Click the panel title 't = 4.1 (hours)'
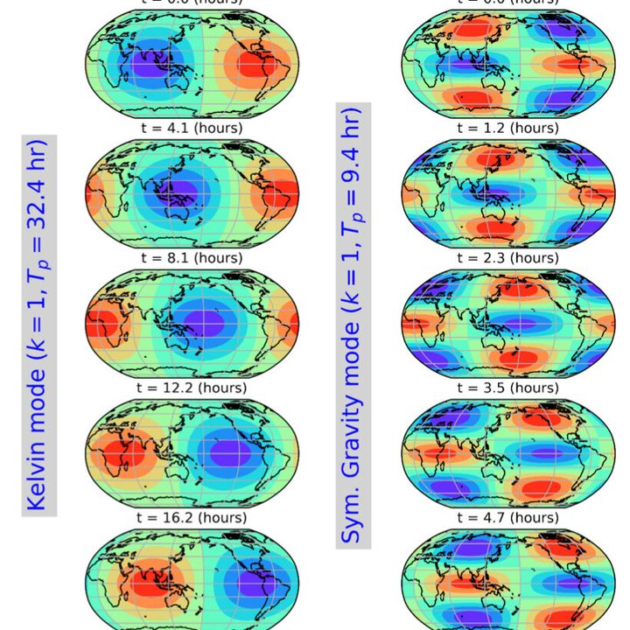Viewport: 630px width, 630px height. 192,128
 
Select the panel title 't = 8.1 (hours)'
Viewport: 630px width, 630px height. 192,258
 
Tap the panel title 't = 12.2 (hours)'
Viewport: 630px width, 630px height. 192,388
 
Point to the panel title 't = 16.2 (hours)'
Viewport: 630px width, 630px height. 192,517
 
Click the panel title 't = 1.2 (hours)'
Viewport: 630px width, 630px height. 507,128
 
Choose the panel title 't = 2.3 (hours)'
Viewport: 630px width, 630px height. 507,258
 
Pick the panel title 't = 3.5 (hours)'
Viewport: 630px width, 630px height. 507,388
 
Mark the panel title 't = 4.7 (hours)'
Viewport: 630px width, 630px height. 507,517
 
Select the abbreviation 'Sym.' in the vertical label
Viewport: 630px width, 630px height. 353,517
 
